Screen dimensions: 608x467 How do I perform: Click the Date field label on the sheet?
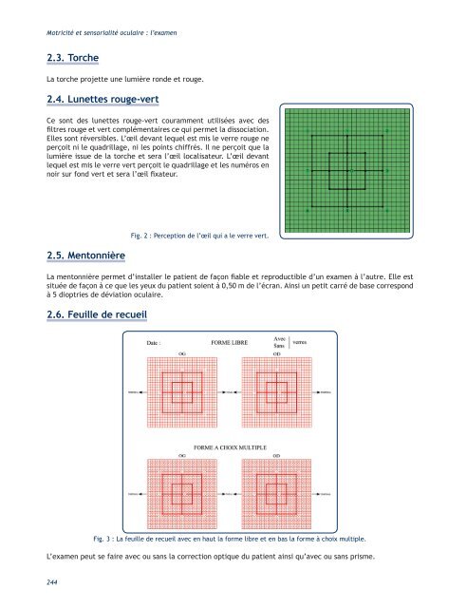(155, 342)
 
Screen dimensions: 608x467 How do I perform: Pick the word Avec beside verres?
(279, 337)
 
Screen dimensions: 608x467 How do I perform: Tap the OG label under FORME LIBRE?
(181, 352)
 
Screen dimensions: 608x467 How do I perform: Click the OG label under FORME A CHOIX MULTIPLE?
(181, 455)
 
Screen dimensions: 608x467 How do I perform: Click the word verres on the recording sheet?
(303, 341)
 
